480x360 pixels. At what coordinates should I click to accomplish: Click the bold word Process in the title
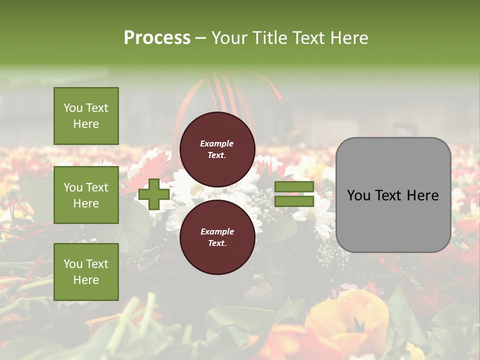point(157,38)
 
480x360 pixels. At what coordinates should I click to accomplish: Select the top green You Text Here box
point(86,116)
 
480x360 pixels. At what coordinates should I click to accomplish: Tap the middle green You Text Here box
point(86,195)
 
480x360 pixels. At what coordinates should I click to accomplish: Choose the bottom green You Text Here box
point(86,272)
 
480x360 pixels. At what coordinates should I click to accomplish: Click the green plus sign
point(153,194)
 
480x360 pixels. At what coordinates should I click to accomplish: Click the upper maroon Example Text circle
point(217,149)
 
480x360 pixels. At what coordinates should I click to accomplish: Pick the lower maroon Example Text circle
point(217,237)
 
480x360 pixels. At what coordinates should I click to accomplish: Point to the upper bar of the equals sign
point(294,187)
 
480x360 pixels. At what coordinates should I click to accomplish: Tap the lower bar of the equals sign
point(294,201)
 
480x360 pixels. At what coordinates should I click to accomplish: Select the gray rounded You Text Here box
point(393,195)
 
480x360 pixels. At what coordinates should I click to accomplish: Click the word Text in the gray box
point(392,195)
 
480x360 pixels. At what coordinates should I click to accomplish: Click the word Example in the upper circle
point(217,144)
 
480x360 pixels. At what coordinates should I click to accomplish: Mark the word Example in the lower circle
point(217,232)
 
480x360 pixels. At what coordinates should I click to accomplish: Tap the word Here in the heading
point(349,38)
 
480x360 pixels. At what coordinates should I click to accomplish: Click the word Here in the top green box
point(86,124)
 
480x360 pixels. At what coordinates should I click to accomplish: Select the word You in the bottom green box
point(73,264)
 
